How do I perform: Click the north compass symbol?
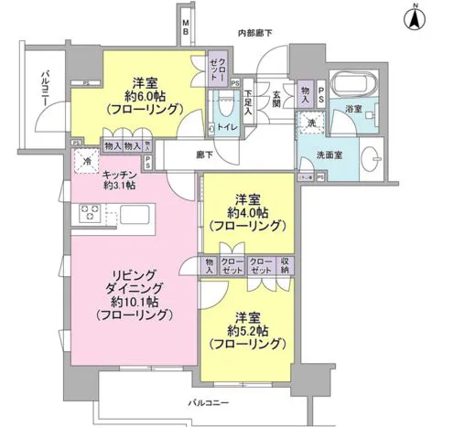click(413, 16)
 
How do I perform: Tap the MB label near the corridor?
click(187, 27)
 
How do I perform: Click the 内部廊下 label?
click(255, 33)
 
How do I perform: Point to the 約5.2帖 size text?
click(242, 331)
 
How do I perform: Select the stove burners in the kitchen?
click(90, 214)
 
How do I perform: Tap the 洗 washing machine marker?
click(311, 123)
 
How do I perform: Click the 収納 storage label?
click(284, 265)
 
